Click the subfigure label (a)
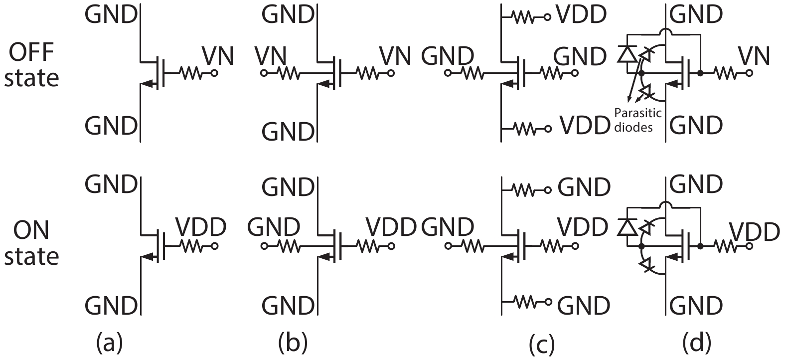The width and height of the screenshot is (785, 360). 109,344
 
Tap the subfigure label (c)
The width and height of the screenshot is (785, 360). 540,344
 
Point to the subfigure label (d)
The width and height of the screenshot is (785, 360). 697,344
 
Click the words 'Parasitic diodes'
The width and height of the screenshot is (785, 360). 633,120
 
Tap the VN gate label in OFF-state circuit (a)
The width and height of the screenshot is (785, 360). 218,56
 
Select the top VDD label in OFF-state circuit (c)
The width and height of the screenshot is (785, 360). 581,15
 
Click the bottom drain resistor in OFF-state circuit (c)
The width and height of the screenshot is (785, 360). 525,129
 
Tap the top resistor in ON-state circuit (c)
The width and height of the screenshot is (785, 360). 525,189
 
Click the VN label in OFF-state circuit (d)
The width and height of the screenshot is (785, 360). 754,56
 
